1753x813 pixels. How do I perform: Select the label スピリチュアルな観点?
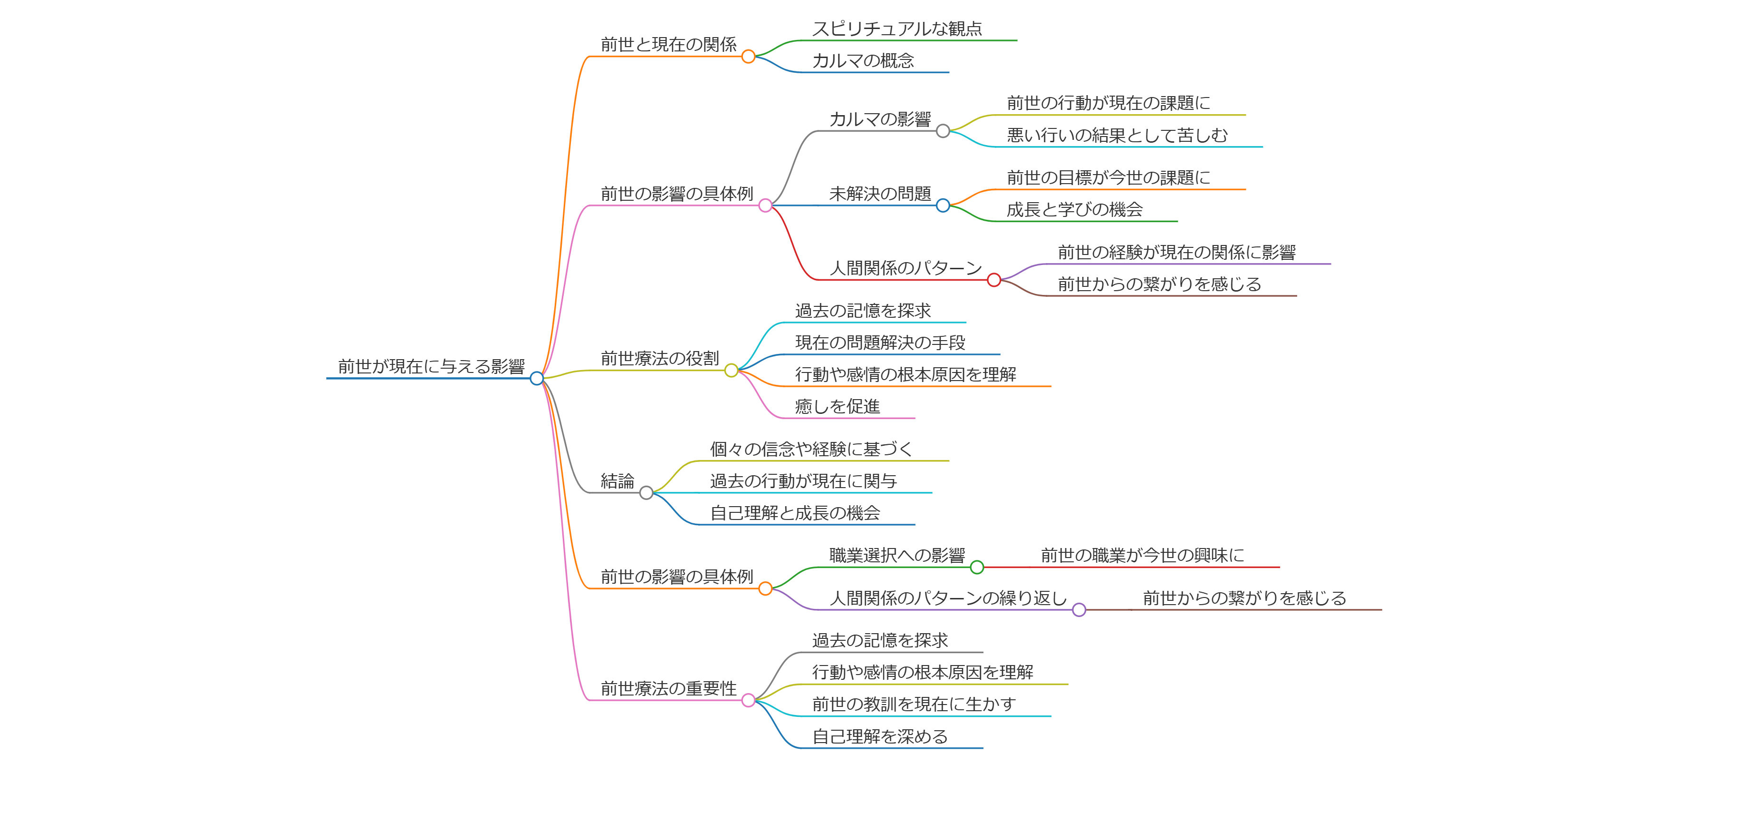897,29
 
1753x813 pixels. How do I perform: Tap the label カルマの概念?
863,60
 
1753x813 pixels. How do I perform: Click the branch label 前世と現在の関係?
668,44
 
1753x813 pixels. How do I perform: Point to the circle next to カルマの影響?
943,131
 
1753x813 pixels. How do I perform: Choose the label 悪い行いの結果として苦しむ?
1117,135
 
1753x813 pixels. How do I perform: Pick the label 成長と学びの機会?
1075,210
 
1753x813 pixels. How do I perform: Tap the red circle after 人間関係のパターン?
993,280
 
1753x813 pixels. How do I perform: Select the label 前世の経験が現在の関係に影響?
1176,253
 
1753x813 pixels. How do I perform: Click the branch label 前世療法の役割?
659,358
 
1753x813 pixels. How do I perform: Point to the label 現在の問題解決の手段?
880,343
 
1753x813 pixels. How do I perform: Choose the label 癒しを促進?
837,406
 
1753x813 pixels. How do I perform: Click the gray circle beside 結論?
646,492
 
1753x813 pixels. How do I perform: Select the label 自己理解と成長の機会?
795,513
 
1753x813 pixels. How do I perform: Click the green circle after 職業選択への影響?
976,567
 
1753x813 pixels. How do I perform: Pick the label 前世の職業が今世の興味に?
1142,556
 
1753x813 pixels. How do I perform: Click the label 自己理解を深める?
879,736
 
